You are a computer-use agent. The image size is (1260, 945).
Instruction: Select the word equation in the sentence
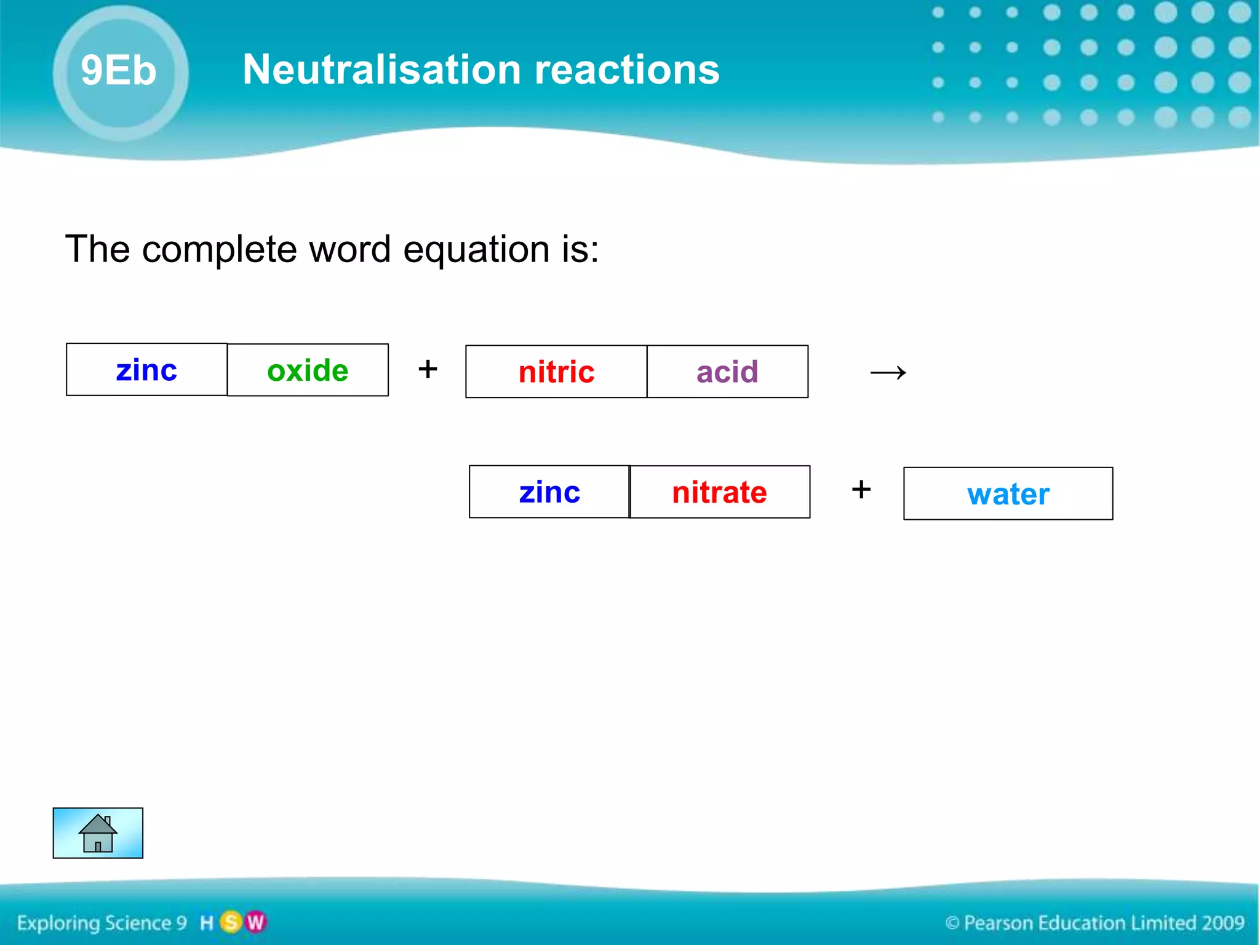[x=476, y=249]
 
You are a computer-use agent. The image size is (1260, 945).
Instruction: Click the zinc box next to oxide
[x=146, y=370]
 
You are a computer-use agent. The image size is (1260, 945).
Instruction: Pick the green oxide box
[x=308, y=370]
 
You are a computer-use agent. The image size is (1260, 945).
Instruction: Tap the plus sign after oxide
[x=428, y=369]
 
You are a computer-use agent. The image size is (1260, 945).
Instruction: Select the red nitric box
[x=556, y=372]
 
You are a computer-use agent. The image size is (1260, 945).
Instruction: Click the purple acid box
[x=727, y=372]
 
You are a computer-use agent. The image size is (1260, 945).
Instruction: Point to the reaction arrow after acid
[x=888, y=372]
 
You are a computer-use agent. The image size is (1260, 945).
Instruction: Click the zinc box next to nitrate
[x=549, y=492]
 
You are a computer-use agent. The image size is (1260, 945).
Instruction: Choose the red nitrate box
[x=720, y=492]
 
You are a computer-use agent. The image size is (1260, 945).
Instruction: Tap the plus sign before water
[x=861, y=490]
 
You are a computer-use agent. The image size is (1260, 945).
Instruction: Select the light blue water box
[x=1008, y=494]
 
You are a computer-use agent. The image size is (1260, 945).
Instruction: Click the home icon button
[x=98, y=833]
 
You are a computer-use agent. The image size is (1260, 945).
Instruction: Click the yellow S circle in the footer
[x=231, y=922]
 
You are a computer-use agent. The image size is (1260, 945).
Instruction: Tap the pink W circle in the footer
[x=255, y=922]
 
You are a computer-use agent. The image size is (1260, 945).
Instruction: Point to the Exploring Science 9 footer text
[x=102, y=923]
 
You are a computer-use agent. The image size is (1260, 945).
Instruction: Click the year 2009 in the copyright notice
[x=1222, y=923]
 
